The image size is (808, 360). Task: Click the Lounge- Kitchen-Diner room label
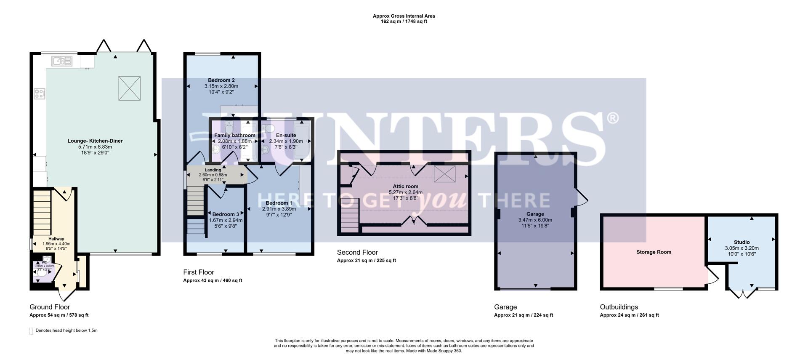click(95, 141)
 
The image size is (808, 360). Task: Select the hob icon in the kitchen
click(40, 93)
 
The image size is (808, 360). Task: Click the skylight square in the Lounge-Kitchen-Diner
click(129, 88)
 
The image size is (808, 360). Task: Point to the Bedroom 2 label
click(221, 80)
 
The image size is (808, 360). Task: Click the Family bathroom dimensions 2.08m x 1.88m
click(234, 141)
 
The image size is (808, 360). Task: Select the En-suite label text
click(286, 135)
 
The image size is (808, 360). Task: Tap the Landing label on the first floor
click(213, 170)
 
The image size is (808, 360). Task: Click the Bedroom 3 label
click(226, 214)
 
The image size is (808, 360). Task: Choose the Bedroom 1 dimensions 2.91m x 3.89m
click(279, 209)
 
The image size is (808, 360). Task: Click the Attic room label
click(405, 186)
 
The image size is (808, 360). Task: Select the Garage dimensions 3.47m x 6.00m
click(535, 220)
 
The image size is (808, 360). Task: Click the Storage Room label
click(654, 252)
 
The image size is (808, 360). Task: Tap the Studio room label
click(742, 242)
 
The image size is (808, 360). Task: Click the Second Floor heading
click(357, 252)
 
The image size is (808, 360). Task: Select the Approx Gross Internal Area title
click(404, 16)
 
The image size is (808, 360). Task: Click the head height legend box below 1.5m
click(31, 331)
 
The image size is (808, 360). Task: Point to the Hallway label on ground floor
click(56, 239)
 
